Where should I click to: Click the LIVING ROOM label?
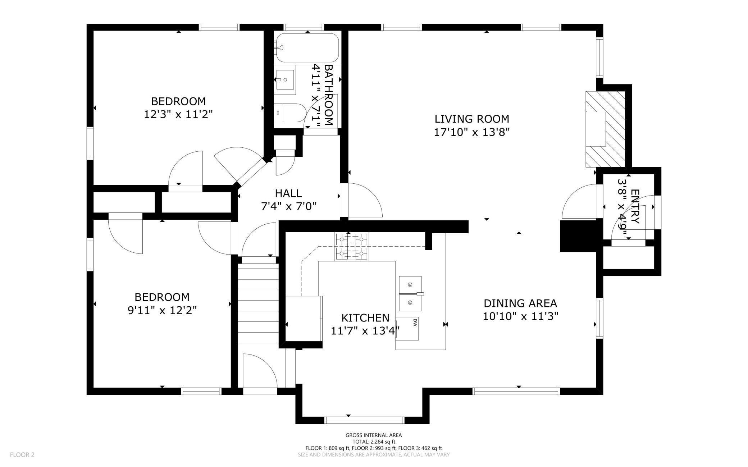(x=472, y=119)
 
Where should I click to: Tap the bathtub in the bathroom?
(x=307, y=48)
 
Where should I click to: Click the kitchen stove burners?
(x=351, y=247)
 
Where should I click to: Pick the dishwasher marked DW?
(x=407, y=328)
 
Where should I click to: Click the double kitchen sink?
(x=410, y=294)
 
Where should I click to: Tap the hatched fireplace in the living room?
(x=606, y=129)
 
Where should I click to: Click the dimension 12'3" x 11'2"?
(x=178, y=114)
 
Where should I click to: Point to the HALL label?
(x=288, y=193)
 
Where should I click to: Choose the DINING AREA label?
(x=520, y=303)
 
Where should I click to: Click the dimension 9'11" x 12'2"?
(x=162, y=310)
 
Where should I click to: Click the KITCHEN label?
(x=365, y=318)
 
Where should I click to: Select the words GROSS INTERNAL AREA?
(x=374, y=435)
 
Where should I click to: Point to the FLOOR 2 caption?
(x=22, y=455)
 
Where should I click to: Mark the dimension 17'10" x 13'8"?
(x=472, y=132)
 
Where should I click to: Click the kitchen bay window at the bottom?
(x=364, y=420)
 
